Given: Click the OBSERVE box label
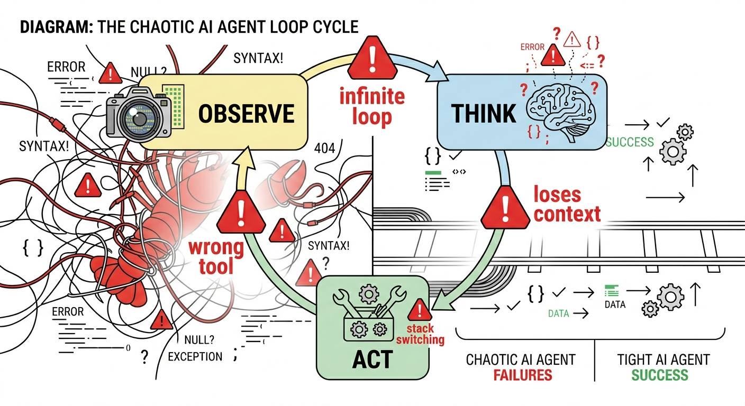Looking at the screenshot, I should (246, 114).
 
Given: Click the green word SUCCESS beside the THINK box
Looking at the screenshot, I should (630, 142).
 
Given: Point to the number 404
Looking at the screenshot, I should (324, 149).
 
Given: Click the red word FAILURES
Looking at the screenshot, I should (523, 375).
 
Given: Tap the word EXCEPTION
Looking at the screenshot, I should (195, 357).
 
